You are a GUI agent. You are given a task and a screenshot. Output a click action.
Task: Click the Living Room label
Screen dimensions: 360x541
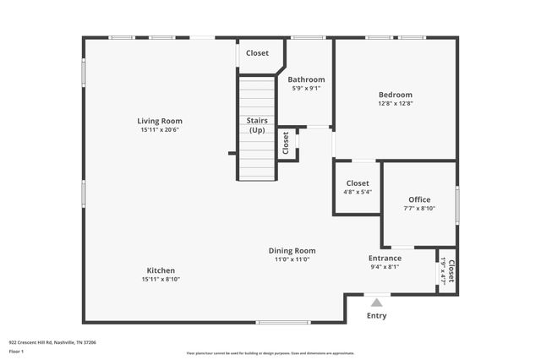click(160, 121)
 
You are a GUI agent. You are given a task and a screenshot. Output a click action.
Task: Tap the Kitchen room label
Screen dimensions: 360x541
click(160, 270)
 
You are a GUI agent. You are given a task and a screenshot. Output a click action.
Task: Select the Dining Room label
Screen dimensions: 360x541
click(292, 250)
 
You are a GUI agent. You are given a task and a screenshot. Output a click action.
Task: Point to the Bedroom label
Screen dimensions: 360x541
click(395, 95)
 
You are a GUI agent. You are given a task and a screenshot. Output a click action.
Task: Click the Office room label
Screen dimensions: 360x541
click(419, 199)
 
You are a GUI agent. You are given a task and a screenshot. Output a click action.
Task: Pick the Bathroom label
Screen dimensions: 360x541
click(306, 79)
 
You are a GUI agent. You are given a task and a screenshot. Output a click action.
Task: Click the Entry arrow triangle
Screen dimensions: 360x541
click(376, 302)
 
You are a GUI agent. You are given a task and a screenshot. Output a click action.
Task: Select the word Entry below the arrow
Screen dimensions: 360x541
click(376, 316)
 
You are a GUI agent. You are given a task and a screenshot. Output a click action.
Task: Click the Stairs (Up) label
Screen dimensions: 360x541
click(257, 125)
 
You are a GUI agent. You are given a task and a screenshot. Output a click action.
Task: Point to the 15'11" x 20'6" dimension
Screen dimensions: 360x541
click(160, 130)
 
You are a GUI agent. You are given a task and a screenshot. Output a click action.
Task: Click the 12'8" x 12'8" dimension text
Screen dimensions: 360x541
click(395, 104)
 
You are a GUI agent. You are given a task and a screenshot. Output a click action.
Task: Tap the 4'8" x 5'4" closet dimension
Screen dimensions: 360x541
click(358, 192)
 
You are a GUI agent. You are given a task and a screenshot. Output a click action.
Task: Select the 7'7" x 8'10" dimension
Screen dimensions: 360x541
click(419, 209)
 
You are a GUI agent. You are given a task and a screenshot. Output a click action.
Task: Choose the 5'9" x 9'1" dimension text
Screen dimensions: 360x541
click(306, 88)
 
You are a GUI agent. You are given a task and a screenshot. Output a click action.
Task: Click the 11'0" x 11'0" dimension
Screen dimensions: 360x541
click(292, 259)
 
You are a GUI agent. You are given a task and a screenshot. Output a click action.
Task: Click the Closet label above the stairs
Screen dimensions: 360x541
click(257, 53)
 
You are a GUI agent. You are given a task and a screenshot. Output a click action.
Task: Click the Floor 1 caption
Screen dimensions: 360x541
click(16, 350)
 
